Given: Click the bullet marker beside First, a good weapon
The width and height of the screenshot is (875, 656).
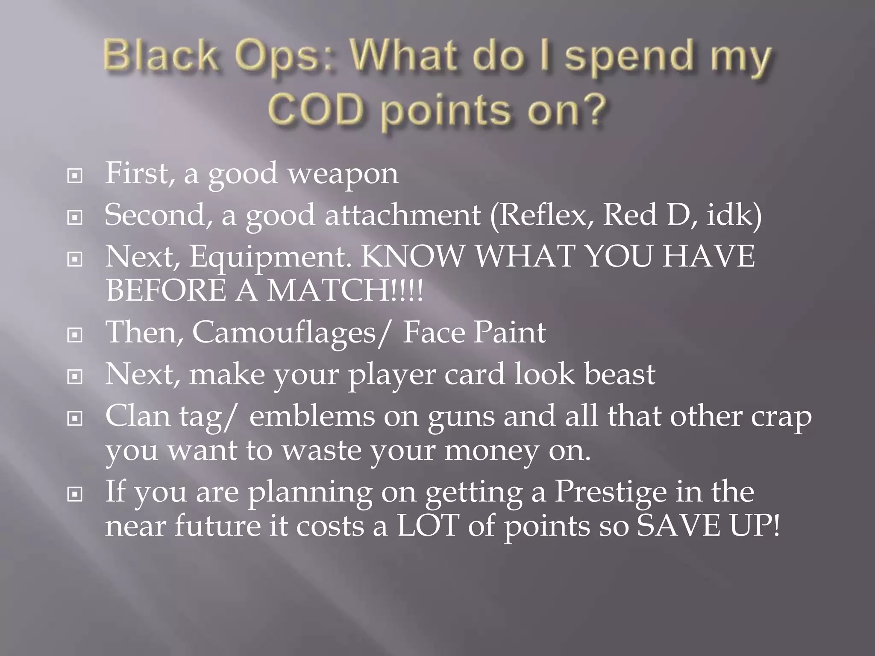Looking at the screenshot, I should point(75,176).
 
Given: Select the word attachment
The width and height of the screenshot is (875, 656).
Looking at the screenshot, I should point(402,215).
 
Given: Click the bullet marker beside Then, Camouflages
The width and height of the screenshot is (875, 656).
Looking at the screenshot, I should point(75,335).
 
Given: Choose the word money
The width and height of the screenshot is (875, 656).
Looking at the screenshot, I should point(491,451).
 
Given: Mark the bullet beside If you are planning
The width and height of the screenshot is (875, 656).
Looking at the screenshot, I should point(75,495).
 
